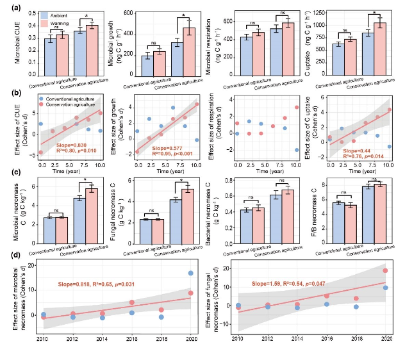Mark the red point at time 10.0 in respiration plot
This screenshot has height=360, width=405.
pyautogui.click(x=297, y=108)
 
